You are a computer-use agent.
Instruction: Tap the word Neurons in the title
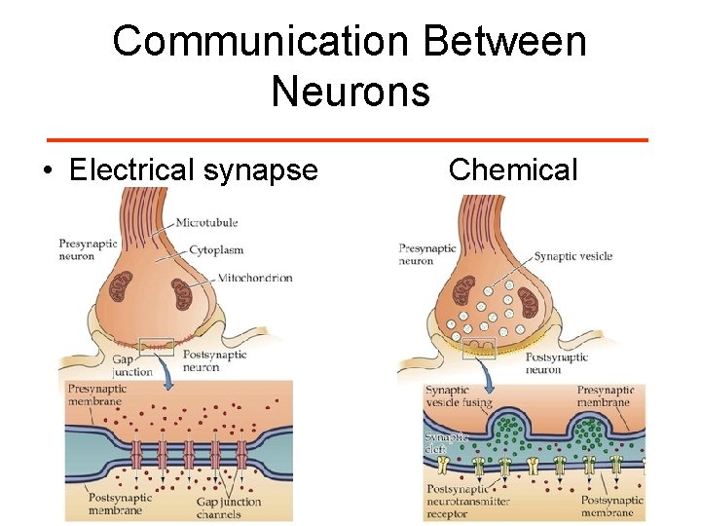(350, 92)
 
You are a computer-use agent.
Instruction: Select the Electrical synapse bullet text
(194, 170)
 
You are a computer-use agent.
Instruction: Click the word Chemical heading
(513, 170)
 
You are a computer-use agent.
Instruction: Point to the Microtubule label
(206, 223)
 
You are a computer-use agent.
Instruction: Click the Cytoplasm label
(217, 249)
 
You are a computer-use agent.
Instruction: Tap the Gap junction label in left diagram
(132, 364)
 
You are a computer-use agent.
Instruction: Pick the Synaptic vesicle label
(572, 256)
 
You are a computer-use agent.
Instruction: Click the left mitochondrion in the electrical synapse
(121, 287)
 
